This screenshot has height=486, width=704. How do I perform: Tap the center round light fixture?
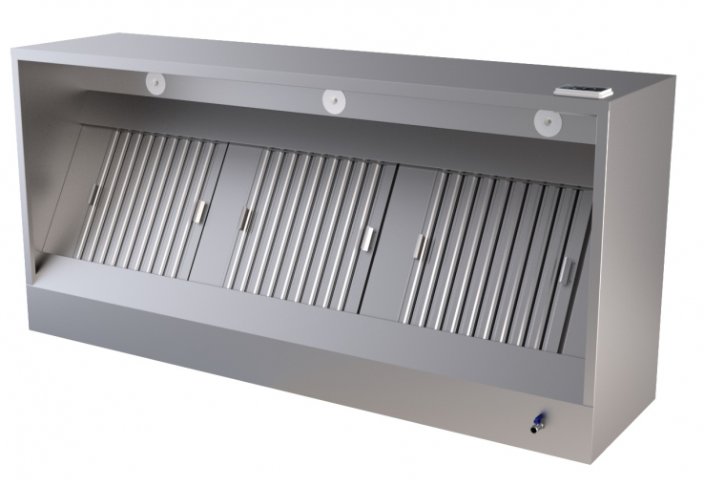[333, 99]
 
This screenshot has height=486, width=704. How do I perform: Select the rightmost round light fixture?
[548, 121]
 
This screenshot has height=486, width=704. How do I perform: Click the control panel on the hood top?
[584, 92]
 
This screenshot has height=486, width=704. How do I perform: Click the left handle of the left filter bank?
[93, 194]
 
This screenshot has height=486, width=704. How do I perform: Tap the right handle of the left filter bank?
[199, 211]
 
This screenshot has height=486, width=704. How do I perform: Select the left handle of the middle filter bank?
[245, 219]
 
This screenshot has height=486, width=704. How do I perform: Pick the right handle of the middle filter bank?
[367, 239]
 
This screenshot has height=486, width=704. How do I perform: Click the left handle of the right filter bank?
[420, 246]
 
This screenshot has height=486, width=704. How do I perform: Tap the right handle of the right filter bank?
[565, 271]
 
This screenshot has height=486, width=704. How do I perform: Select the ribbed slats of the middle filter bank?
[305, 229]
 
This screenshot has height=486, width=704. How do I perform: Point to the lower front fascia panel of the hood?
[286, 353]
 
